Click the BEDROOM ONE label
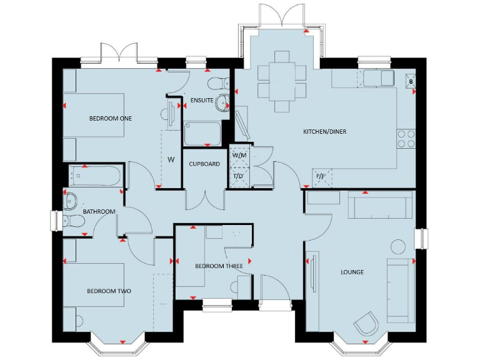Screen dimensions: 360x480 pyautogui.click(x=110, y=118)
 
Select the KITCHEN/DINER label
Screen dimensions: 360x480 pyautogui.click(x=324, y=132)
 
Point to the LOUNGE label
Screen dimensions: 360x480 pyautogui.click(x=352, y=272)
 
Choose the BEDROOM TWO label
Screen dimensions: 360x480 pyautogui.click(x=109, y=291)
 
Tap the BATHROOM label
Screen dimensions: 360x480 pyautogui.click(x=99, y=212)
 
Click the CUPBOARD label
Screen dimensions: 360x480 pyautogui.click(x=204, y=164)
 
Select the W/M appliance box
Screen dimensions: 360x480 pyautogui.click(x=239, y=154)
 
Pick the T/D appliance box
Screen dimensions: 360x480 pyautogui.click(x=239, y=177)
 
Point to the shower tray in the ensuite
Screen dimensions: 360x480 pyautogui.click(x=202, y=134)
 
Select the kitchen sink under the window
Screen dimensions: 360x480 pyautogui.click(x=376, y=78)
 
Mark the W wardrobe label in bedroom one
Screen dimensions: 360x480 pyautogui.click(x=170, y=159)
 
